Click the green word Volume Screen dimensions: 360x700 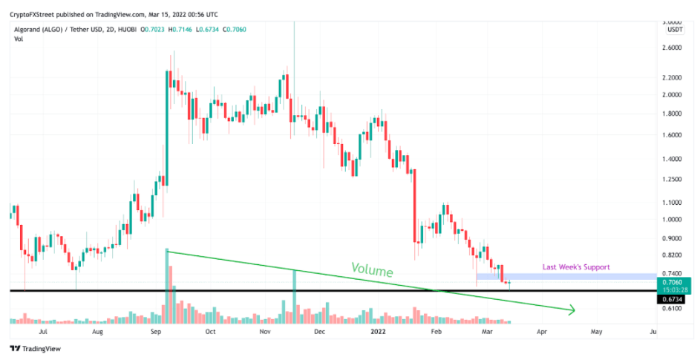click(371, 270)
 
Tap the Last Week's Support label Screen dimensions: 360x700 click(576, 267)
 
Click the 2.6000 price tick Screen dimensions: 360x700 click(672, 48)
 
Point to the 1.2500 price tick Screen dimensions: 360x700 click(672, 180)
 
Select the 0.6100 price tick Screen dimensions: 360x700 click(672, 308)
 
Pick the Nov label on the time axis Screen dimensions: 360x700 click(265, 333)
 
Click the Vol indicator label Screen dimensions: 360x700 click(19, 39)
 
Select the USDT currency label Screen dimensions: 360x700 click(675, 30)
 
